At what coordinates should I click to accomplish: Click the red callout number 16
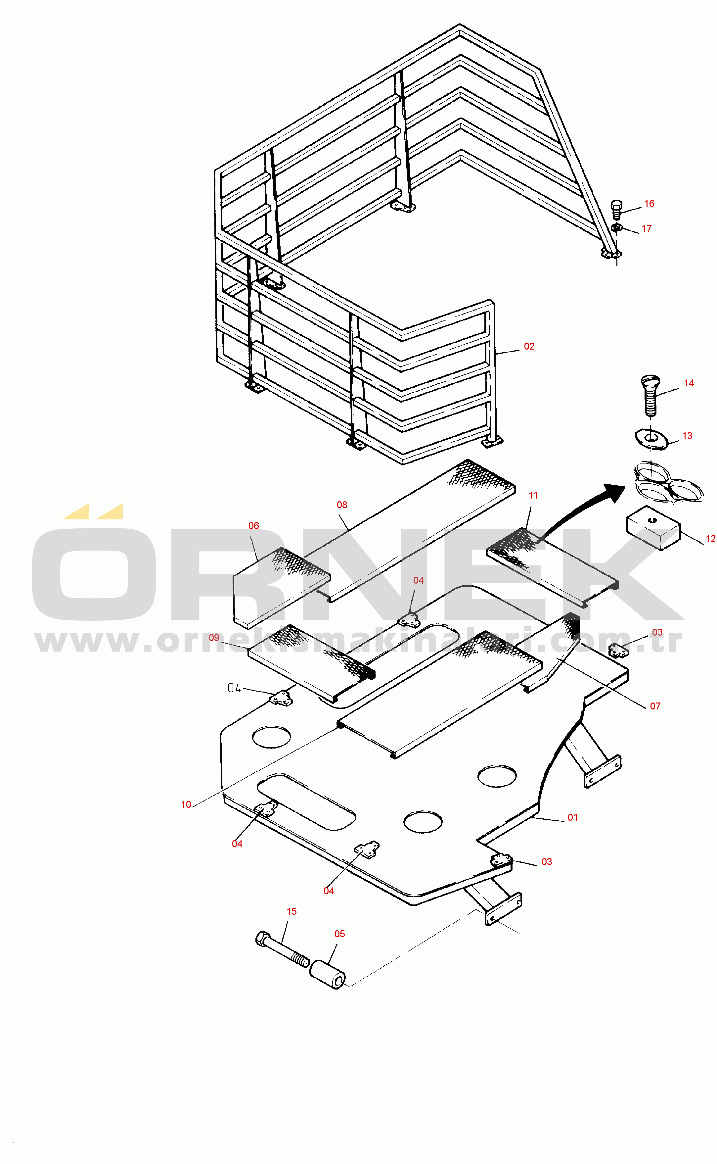tap(649, 204)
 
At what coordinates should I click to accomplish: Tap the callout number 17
tap(646, 229)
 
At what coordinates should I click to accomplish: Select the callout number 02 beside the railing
tap(529, 347)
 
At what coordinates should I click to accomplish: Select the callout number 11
tap(533, 496)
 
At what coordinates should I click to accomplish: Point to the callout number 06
tap(254, 526)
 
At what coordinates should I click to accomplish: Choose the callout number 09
tap(214, 638)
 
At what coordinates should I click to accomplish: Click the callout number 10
tap(186, 805)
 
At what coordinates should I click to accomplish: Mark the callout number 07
tap(655, 706)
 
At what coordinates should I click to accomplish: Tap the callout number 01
tap(572, 818)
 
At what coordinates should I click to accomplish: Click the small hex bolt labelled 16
tap(616, 209)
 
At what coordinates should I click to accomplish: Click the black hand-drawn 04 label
tap(234, 688)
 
